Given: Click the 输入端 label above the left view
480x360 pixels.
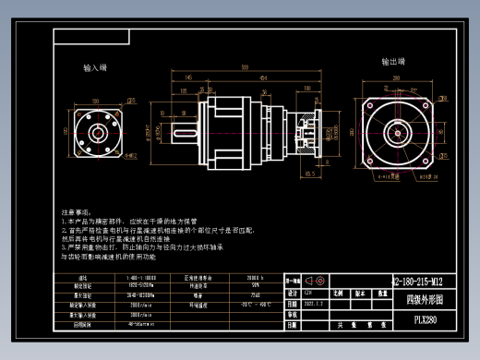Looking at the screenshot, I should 95,68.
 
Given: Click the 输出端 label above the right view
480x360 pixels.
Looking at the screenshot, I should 395,62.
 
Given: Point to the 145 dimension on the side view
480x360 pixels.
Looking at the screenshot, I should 188,78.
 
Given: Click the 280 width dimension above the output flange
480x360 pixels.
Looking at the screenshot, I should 397,79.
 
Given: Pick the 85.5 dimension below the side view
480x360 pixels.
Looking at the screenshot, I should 309,172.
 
